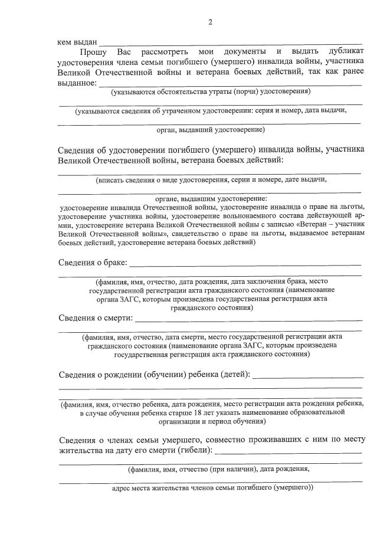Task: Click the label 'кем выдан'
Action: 77,42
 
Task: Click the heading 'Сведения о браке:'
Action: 92,263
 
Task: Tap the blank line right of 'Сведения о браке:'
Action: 245,265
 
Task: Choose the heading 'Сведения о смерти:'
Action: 95,318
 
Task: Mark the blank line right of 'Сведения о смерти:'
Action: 248,320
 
